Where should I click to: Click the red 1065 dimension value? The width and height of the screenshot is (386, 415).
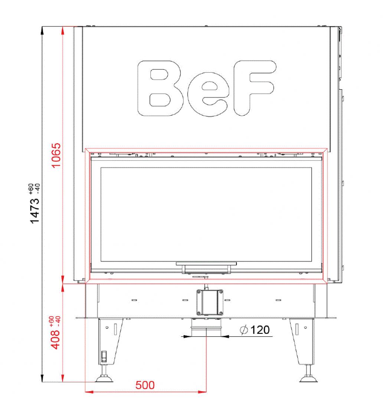[x=56, y=155]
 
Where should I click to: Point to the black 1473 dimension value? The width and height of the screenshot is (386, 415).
[x=35, y=211]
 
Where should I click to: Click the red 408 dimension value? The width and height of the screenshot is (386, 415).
[x=55, y=340]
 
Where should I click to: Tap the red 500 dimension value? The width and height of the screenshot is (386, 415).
[x=145, y=385]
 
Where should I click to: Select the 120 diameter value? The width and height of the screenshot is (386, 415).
[x=260, y=330]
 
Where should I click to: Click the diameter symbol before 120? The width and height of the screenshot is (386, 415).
[x=243, y=330]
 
